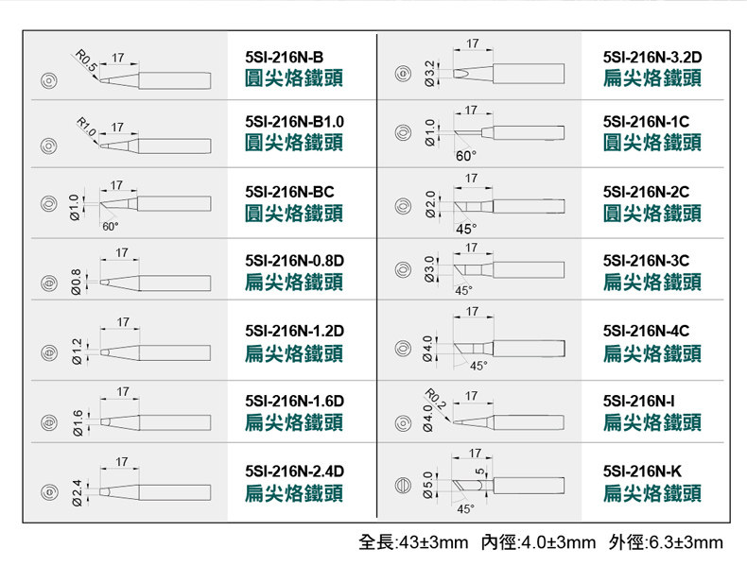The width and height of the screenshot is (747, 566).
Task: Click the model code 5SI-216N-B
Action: [x=283, y=58]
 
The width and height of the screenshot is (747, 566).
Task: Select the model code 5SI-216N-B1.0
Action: [x=294, y=122]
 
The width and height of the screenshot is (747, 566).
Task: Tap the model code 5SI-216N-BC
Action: [x=288, y=192]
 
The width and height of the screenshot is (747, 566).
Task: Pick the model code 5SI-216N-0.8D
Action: [x=293, y=260]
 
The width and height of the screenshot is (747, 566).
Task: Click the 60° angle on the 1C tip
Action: [x=466, y=155]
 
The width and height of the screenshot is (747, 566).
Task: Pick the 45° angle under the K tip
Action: [x=465, y=509]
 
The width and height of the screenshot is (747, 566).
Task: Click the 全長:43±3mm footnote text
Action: [x=415, y=542]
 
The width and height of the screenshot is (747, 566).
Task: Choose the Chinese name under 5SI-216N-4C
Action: [x=652, y=352]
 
